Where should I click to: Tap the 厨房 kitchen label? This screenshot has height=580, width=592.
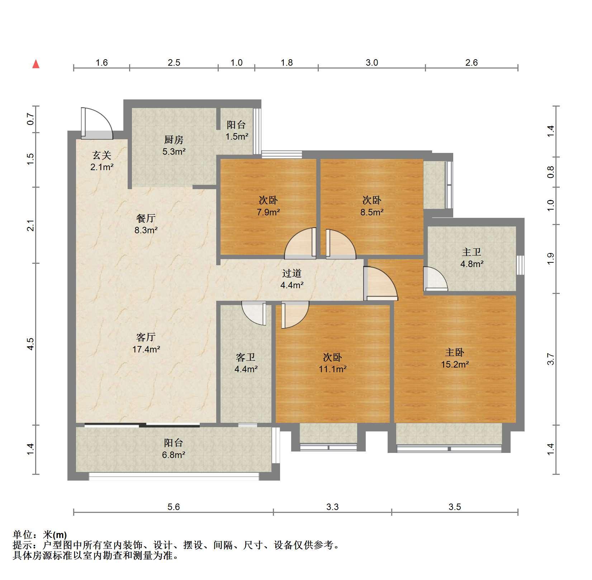174,140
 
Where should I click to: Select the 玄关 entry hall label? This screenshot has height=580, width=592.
102,155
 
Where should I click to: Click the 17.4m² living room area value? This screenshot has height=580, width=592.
146,349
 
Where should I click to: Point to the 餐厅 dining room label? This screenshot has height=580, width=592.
146,218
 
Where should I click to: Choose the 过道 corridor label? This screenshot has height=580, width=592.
292,273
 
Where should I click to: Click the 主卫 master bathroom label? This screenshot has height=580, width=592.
472,252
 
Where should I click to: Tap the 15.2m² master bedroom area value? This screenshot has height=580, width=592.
455,364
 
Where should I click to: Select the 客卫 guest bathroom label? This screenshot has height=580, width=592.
246,357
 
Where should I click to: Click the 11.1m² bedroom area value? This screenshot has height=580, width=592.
333,369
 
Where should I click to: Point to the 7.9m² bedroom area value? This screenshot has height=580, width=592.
268,212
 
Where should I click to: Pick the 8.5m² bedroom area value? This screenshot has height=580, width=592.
372,212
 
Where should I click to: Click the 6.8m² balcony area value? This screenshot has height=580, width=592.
174,455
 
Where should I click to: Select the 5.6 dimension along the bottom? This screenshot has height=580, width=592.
174,507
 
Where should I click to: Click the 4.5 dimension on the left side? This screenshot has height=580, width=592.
31,344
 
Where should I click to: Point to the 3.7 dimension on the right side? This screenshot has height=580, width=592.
551,359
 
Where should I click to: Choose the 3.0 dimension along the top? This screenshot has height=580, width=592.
372,63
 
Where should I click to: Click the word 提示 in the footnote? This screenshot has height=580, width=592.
22,545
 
